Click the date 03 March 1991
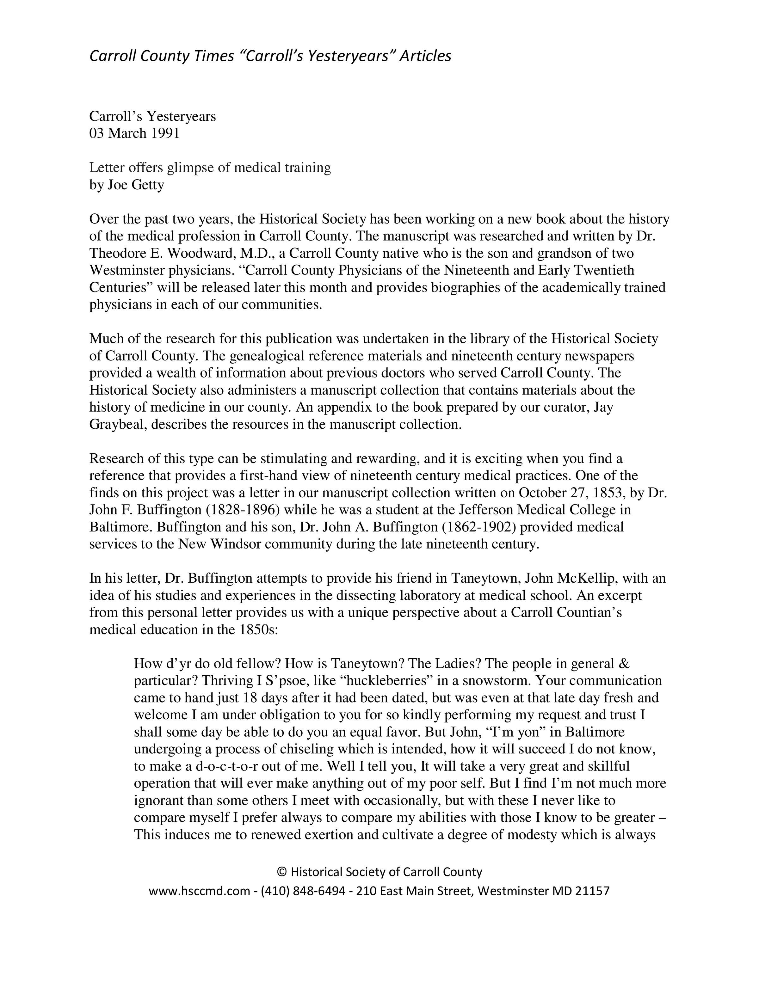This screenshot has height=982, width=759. pos(134,133)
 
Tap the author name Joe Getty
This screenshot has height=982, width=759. pos(135,185)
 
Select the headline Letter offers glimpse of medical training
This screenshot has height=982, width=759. pos(210,168)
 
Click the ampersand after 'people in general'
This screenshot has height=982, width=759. pos(624,664)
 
